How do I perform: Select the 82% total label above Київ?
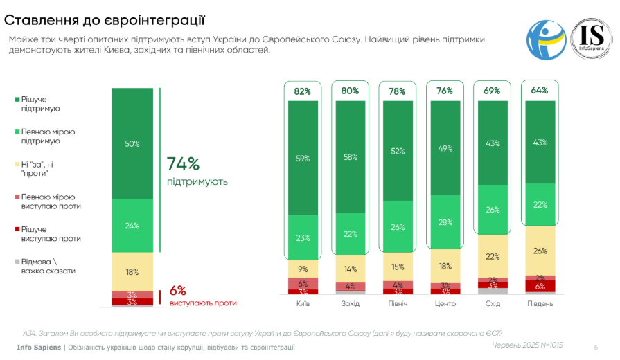tap(302, 91)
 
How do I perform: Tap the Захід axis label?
tap(350, 303)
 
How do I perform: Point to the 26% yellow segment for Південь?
tap(540, 251)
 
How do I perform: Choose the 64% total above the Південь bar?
tap(540, 90)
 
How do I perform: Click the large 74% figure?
tap(183, 164)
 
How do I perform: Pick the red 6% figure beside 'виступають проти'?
tap(177, 291)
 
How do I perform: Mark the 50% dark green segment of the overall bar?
tap(132, 143)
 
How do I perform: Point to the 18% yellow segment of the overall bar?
tap(132, 272)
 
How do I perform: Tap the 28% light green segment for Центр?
tap(445, 222)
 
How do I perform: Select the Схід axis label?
tap(492, 303)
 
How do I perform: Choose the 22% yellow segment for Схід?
tap(492, 256)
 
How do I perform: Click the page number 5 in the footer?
tap(596, 346)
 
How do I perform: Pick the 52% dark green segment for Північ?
tap(397, 151)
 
